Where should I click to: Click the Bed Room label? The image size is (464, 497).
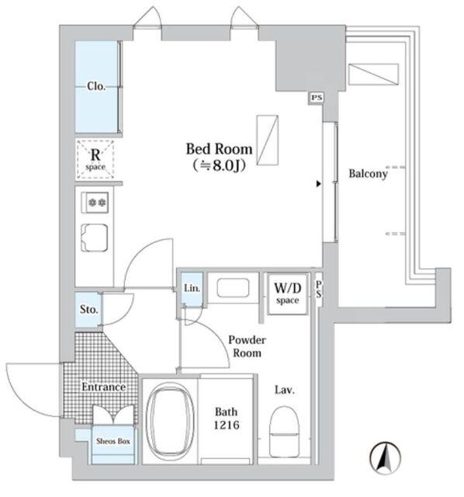219,149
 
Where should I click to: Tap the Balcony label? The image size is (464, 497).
368,174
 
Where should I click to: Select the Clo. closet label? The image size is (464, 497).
96,86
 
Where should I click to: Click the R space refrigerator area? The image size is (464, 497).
95,159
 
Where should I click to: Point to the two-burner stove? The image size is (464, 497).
95,202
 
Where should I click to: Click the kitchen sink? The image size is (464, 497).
95,238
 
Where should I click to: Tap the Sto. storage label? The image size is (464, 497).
88,309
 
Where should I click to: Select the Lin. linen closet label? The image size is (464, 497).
192,288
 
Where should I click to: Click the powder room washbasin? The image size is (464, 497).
233,288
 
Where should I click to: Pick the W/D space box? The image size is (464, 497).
288,294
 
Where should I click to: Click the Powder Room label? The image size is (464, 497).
247,346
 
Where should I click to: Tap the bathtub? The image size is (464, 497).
171,422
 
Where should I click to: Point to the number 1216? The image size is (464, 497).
227,425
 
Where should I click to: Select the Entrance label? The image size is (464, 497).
103,387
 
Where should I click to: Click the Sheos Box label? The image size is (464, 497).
113,441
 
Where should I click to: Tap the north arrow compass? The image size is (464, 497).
385,458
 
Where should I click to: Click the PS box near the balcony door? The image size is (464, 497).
317,97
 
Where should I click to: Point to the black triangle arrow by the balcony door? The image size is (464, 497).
319,184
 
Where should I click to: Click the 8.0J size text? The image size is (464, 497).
219,165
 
